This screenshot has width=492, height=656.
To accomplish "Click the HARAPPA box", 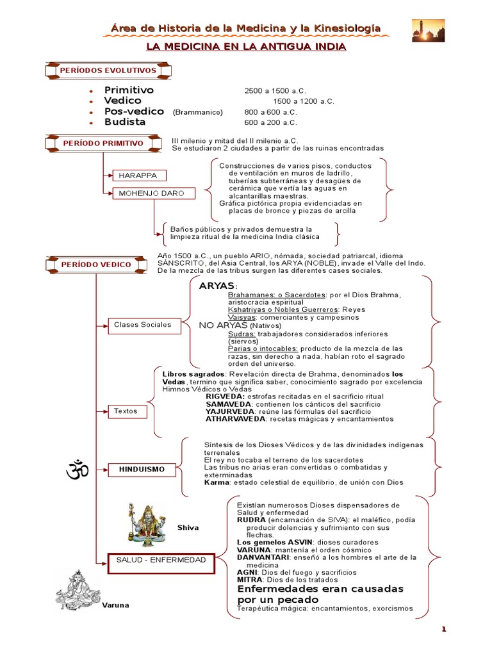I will click(139, 175).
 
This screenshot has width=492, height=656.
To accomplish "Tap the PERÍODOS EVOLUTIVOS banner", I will click(108, 70).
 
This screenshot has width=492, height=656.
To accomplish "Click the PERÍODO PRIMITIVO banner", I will click(103, 143).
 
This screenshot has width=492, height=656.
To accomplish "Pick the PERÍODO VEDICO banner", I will click(96, 264).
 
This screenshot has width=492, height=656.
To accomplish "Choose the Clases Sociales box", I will click(143, 325).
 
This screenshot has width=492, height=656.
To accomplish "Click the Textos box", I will click(126, 411).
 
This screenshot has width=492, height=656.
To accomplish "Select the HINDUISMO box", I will click(142, 470).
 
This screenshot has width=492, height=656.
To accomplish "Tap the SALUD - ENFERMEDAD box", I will click(161, 561).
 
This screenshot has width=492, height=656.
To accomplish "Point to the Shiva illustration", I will click(145, 523).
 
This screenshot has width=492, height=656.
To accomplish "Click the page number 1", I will click(443, 629).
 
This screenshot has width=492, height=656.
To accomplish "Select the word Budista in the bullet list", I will click(125, 122).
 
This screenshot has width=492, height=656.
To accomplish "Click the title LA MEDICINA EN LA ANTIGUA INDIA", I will click(246, 47).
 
